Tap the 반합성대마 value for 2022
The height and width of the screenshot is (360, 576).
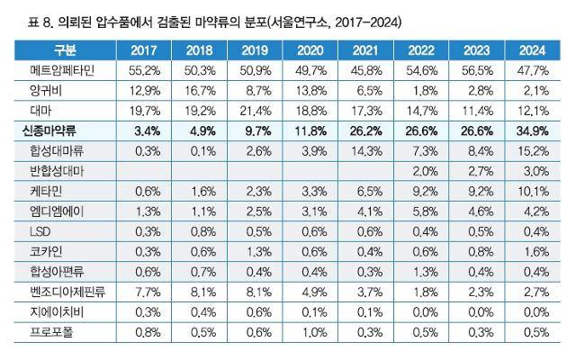[x=427, y=169]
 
